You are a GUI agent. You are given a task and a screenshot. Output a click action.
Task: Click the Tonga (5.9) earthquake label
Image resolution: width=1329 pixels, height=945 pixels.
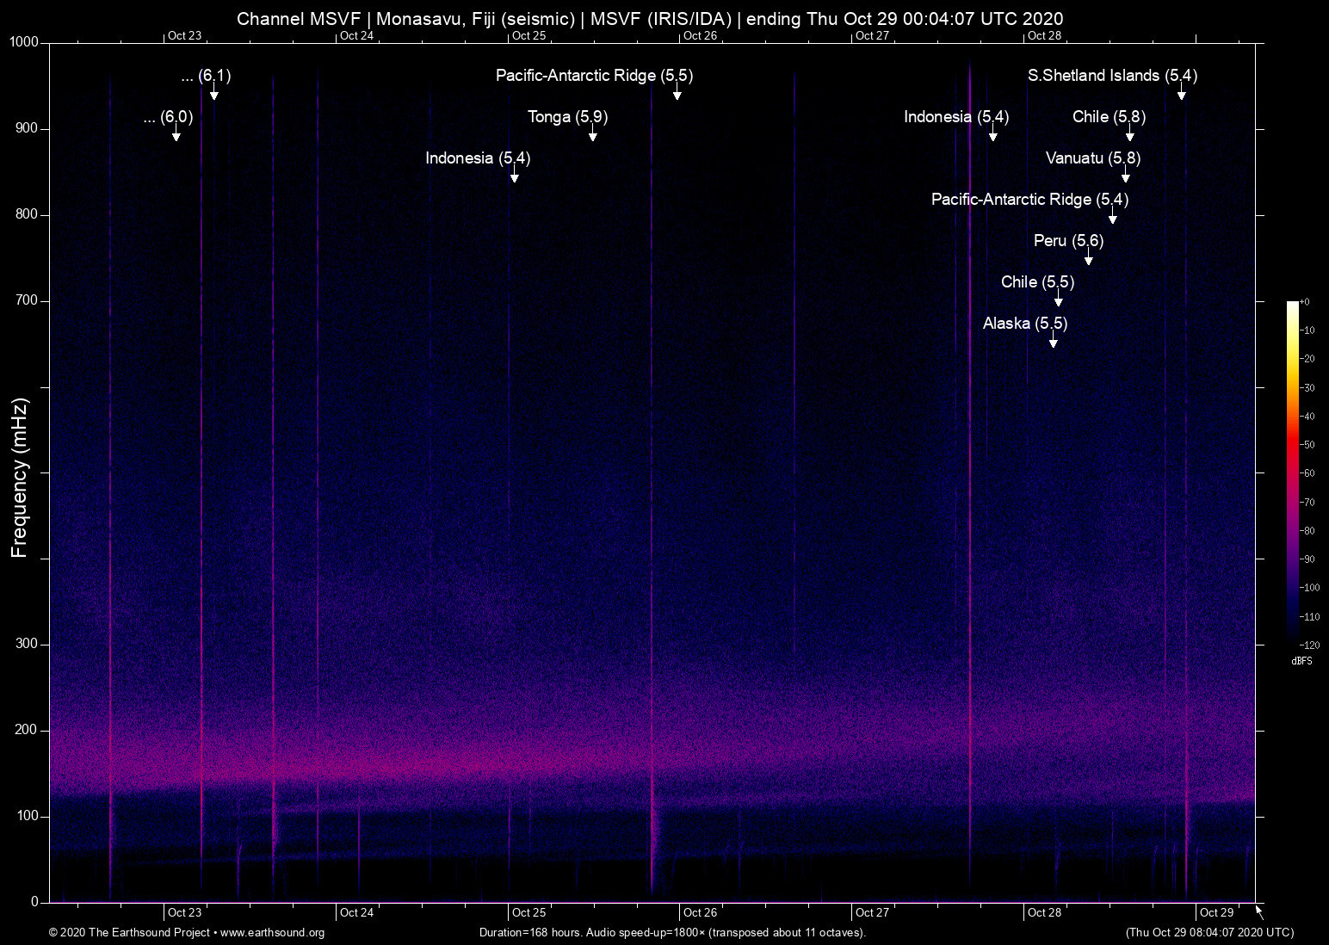click(567, 117)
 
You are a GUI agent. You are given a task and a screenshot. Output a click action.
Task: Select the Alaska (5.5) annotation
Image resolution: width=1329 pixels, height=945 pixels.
click(1024, 324)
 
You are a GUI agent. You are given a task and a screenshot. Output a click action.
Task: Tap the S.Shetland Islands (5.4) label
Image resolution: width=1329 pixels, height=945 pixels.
click(1112, 76)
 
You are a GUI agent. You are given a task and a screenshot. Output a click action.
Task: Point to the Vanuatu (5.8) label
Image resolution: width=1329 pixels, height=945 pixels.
click(1092, 158)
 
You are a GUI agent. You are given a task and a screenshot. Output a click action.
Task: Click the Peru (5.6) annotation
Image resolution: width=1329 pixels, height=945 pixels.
click(1068, 241)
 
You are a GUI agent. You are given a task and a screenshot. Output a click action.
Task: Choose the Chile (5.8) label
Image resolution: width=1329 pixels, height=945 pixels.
click(1109, 117)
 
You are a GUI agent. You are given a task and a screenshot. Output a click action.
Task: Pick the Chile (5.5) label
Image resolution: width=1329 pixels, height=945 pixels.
click(1037, 282)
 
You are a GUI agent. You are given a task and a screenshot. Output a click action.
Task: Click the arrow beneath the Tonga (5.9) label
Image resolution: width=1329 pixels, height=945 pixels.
click(592, 136)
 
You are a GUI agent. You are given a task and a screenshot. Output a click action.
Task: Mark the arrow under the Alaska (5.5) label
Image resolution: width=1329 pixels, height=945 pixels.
click(1053, 343)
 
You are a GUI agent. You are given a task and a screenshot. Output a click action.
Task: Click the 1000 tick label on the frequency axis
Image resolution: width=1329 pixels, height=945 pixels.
click(24, 42)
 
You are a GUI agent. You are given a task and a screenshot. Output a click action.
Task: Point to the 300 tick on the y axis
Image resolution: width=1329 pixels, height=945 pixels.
click(28, 644)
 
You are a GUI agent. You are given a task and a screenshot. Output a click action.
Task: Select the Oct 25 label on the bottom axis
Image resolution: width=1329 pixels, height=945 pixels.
click(529, 912)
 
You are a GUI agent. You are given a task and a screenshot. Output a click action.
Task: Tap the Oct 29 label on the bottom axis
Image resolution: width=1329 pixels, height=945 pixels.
click(1216, 912)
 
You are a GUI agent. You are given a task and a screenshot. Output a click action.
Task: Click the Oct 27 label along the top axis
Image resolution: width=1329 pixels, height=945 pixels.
click(872, 35)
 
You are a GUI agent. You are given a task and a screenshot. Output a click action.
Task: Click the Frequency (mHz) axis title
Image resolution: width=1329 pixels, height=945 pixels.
click(20, 478)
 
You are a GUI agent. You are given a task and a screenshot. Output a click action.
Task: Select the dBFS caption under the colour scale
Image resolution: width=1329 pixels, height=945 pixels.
click(1301, 661)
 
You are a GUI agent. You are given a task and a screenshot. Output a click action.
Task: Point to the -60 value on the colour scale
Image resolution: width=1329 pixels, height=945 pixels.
click(1307, 473)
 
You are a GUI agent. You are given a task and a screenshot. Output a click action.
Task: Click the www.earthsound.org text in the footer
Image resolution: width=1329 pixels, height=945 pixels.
click(272, 933)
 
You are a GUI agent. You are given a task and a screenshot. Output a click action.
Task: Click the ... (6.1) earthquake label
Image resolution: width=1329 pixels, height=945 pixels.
click(206, 76)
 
